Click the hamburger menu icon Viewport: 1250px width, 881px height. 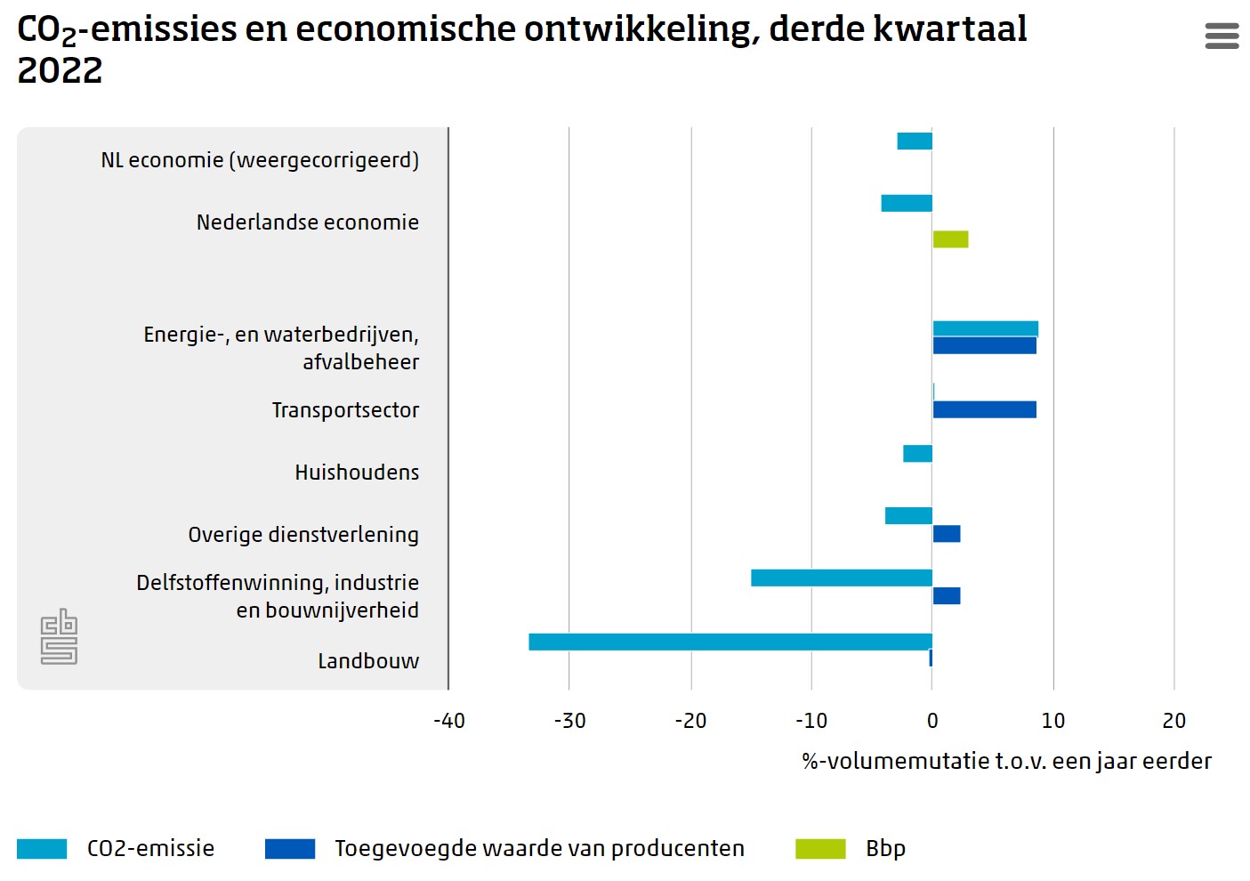(x=1222, y=36)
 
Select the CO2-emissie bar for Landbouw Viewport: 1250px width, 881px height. (x=730, y=642)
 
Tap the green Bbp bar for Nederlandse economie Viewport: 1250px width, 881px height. (x=950, y=239)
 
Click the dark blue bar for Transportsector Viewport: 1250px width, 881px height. (x=984, y=409)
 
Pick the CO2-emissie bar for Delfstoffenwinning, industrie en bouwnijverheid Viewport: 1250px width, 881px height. (x=841, y=578)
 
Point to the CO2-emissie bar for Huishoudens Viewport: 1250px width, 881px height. (x=917, y=454)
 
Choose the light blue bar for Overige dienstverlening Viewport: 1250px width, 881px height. (x=908, y=516)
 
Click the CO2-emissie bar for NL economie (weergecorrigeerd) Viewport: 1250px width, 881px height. (x=915, y=141)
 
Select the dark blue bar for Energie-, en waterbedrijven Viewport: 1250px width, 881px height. (x=984, y=346)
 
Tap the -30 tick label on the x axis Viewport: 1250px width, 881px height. (x=569, y=721)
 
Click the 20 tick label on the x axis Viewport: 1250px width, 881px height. (x=1173, y=721)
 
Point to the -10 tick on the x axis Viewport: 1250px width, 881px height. (x=810, y=721)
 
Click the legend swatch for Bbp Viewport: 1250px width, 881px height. (x=820, y=849)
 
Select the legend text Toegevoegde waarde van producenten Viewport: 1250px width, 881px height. (x=539, y=849)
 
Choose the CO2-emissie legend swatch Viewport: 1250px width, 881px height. (x=42, y=849)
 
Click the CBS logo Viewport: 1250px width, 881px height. (x=59, y=636)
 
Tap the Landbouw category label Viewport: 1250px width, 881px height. (x=368, y=661)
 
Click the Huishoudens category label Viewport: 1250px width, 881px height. (x=357, y=473)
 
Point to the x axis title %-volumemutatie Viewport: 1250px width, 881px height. (x=1006, y=762)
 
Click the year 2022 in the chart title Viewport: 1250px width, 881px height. (x=60, y=71)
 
